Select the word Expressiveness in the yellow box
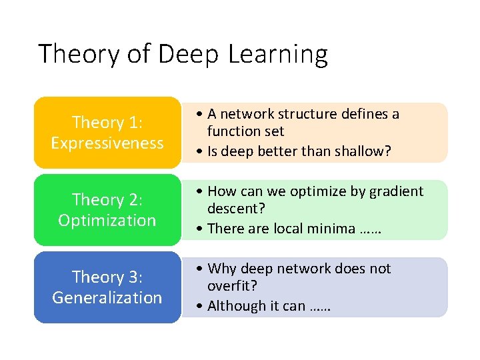pyautogui.click(x=107, y=143)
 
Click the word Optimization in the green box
pyautogui.click(x=107, y=220)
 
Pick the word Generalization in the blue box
pyautogui.click(x=107, y=297)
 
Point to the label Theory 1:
pyautogui.click(x=107, y=123)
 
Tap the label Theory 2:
pyautogui.click(x=107, y=200)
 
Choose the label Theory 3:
pyautogui.click(x=107, y=277)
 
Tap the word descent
pyautogui.click(x=235, y=209)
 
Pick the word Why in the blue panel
pyautogui.click(x=222, y=269)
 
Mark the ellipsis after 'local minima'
pyautogui.click(x=369, y=230)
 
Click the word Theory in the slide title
pyautogui.click(x=77, y=54)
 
